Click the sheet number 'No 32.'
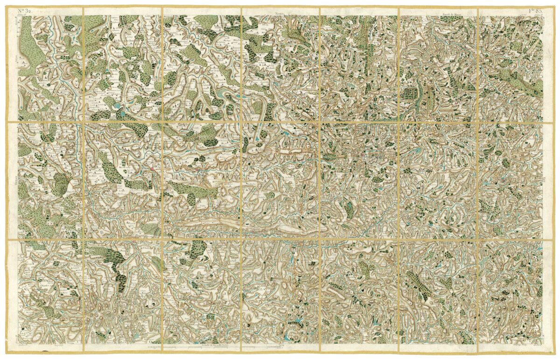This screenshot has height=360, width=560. (24, 10)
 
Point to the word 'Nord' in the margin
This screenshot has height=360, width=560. (280, 14)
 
